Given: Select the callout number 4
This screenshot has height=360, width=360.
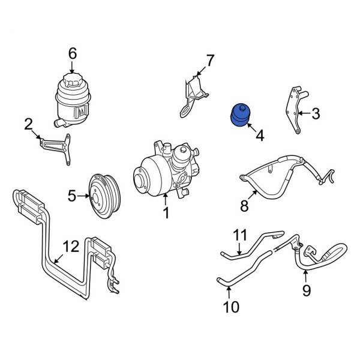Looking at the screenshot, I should coord(259,136).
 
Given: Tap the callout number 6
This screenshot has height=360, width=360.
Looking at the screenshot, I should coord(73,54).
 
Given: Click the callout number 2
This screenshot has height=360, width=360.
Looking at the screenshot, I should coord(28,125).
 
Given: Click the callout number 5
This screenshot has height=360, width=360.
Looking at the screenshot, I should coord(71,195).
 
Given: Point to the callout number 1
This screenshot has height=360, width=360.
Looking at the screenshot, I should coord(166,212).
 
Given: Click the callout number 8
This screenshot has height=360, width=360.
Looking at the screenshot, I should coord(244,206).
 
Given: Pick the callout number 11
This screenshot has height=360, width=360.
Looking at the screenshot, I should coord(240,235).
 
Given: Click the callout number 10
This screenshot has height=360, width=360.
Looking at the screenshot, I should coord(231,307).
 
